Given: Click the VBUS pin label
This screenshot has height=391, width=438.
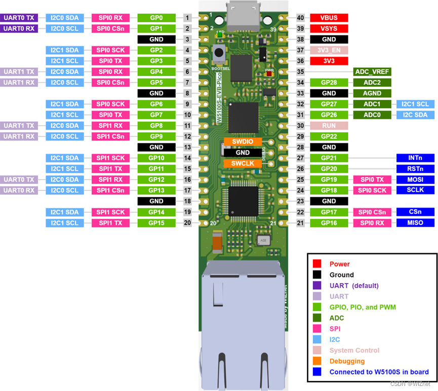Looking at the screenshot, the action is click(329, 18).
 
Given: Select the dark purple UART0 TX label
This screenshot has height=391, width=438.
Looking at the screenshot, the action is click(19, 18).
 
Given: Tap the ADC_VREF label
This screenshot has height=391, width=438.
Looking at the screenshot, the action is click(372, 71).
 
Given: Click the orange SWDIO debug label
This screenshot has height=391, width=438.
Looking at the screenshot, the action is click(243, 141).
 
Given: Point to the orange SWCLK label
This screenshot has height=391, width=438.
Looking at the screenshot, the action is click(243, 163).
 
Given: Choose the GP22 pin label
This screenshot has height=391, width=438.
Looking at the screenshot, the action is click(329, 136).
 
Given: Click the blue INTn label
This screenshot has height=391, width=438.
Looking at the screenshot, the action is click(415, 158).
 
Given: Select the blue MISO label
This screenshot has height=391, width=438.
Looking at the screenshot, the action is click(415, 222).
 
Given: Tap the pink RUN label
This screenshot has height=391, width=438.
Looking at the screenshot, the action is click(329, 126).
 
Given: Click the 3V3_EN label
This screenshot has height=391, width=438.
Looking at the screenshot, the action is click(329, 50).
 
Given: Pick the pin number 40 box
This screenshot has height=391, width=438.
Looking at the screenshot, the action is click(300, 18).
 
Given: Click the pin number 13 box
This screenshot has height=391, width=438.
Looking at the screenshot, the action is click(187, 147).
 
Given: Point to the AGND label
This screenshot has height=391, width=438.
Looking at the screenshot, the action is click(372, 93).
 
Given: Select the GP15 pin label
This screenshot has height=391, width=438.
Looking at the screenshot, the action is click(156, 223).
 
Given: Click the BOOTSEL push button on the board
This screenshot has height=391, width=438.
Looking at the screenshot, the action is click(219, 53).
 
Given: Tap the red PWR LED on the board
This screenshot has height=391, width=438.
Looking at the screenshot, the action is click(269, 74).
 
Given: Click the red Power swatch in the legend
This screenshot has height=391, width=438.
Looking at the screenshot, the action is click(317, 263).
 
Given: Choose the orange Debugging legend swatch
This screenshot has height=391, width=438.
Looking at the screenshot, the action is click(317, 361).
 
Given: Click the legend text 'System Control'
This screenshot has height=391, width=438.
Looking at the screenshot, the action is click(354, 350).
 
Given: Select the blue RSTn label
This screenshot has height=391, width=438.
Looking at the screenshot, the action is click(415, 169).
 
